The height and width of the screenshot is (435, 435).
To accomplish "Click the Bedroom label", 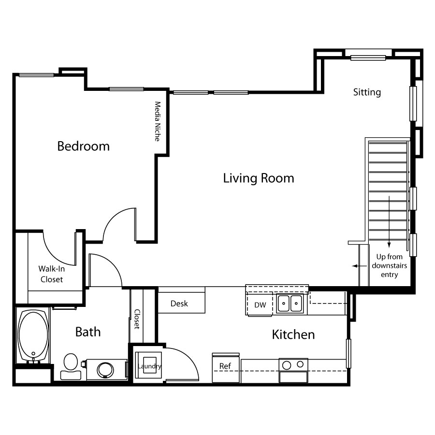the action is click(83, 146).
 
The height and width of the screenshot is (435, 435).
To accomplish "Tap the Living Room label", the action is click(259, 178).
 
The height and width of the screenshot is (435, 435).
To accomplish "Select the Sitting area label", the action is click(367, 92).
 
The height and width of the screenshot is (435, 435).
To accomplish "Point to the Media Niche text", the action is click(158, 121).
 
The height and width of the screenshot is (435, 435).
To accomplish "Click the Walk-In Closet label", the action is click(52, 274).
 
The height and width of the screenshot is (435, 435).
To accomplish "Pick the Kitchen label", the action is click(293, 334).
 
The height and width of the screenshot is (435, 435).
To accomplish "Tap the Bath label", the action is click(87, 332).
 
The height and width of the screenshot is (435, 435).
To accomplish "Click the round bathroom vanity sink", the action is click(105, 370).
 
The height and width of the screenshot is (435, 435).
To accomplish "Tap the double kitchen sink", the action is click(290, 303).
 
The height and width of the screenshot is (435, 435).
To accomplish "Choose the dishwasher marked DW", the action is click(260, 304).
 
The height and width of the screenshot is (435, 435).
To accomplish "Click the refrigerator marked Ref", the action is click(226, 368).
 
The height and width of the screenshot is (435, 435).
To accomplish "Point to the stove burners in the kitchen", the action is click(293, 364).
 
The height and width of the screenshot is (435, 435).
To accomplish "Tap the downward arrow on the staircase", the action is click(389, 222).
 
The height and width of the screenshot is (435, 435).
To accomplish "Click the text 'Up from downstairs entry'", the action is click(389, 265).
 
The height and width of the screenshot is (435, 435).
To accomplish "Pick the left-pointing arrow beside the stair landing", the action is click(360, 266).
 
